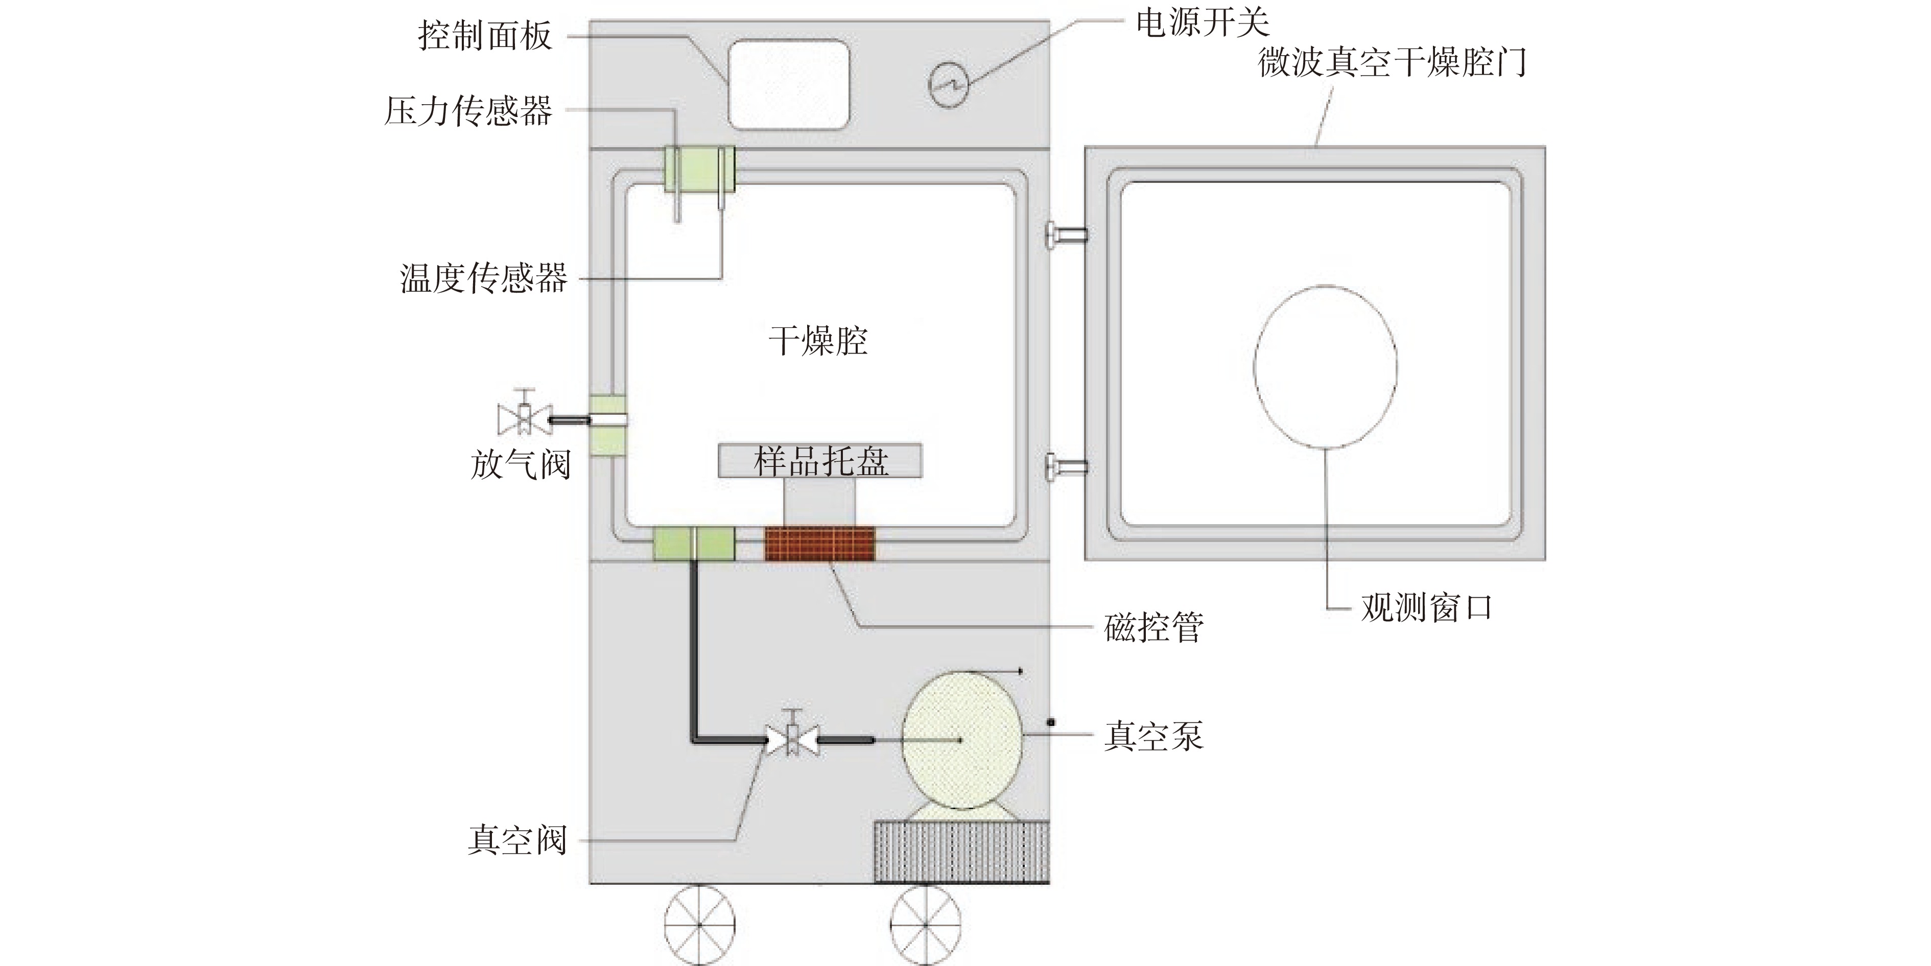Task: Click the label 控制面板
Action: point(485,36)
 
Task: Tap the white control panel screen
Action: point(789,84)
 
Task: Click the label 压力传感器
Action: point(468,111)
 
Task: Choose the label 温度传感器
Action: point(483,278)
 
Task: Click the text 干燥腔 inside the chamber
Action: point(818,341)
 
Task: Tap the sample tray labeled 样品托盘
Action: point(820,460)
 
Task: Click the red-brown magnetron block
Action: point(819,544)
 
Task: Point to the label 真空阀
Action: point(517,839)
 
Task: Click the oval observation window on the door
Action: point(1325,366)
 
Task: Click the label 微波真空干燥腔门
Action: point(1392,61)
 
